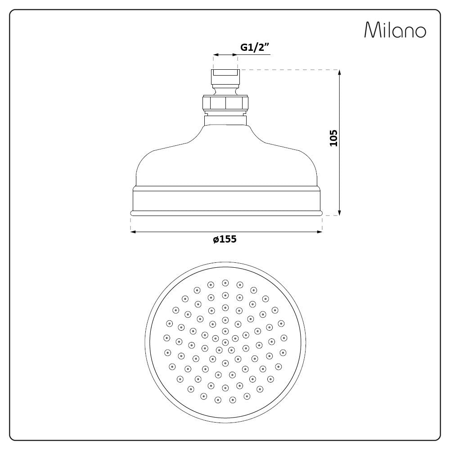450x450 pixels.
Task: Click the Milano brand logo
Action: point(395,30)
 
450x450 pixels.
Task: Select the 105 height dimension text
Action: point(333,138)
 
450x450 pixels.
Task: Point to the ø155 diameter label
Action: point(225,239)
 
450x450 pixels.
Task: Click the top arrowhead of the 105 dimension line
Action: point(339,72)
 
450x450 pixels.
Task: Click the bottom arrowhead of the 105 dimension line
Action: point(339,213)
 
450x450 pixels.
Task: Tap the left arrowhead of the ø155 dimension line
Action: point(133,232)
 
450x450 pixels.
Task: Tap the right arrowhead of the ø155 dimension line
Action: point(319,232)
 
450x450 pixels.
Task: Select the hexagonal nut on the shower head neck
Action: point(225,103)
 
